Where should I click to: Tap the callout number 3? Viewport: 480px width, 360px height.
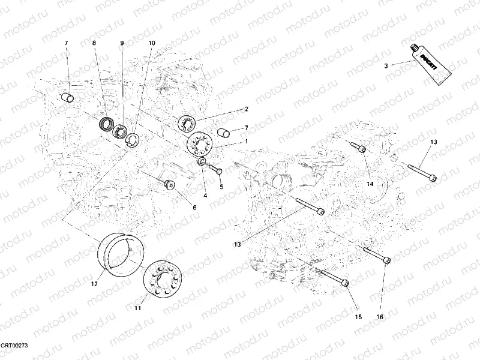(x=386, y=65)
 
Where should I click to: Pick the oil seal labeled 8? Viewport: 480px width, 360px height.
(x=107, y=124)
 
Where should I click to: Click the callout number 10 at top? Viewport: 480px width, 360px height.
(x=151, y=43)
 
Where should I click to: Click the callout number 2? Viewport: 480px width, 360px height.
(x=245, y=109)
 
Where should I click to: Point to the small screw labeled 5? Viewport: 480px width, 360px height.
(x=218, y=172)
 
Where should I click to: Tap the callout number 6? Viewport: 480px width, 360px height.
(x=194, y=207)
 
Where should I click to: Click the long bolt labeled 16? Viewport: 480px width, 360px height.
(x=376, y=254)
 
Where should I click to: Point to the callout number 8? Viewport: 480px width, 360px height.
(x=94, y=43)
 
